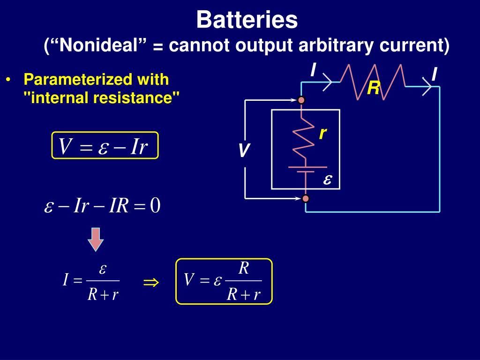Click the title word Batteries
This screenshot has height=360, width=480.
(x=247, y=20)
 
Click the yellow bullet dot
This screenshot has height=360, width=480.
(x=9, y=80)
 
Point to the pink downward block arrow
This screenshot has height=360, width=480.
(x=96, y=239)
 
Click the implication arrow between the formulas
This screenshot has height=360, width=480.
(x=151, y=282)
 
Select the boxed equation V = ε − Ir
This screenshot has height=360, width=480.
(x=105, y=146)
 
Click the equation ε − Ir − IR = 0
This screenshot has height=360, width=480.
(x=103, y=206)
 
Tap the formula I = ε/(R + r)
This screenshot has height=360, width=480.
(x=92, y=281)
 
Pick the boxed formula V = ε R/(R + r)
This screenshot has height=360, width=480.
(x=224, y=281)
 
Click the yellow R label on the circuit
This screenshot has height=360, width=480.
(x=373, y=88)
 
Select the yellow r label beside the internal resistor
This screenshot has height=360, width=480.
(x=322, y=134)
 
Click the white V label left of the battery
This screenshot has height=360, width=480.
(x=244, y=151)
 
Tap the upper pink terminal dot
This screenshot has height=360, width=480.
(x=301, y=100)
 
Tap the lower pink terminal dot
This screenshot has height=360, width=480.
(x=306, y=198)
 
